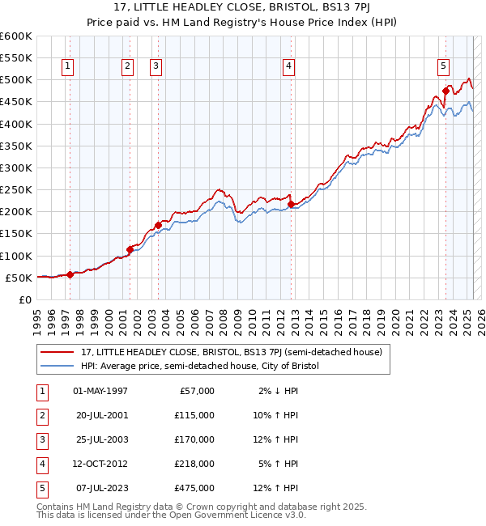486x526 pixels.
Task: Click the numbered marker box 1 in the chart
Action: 67,67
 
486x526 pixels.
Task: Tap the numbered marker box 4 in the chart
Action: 289,67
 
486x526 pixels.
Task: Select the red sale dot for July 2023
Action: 446,91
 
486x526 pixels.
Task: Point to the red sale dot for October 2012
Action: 291,204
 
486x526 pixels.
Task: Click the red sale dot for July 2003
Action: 158,225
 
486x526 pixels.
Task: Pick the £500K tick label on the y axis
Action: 16,80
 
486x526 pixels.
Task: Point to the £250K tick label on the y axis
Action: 16,190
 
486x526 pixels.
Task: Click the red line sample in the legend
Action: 58,352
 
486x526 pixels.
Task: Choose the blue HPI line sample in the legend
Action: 58,366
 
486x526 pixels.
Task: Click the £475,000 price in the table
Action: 194,488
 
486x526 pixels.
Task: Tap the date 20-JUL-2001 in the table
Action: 100,415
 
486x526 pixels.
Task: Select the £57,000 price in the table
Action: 197,391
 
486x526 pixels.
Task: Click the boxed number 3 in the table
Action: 40,439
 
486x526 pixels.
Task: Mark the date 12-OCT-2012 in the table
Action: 100,464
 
